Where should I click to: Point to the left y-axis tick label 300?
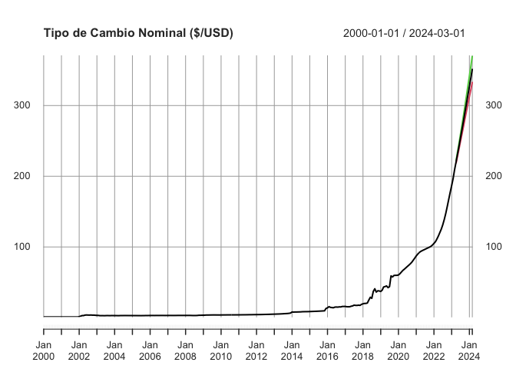point(25,105)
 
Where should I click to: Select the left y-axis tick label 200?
point(25,176)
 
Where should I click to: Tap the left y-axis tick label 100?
point(25,247)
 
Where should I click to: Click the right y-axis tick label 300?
point(495,105)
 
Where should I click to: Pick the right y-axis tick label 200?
point(495,176)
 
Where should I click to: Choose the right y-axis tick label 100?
point(495,247)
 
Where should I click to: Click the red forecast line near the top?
point(470,89)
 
